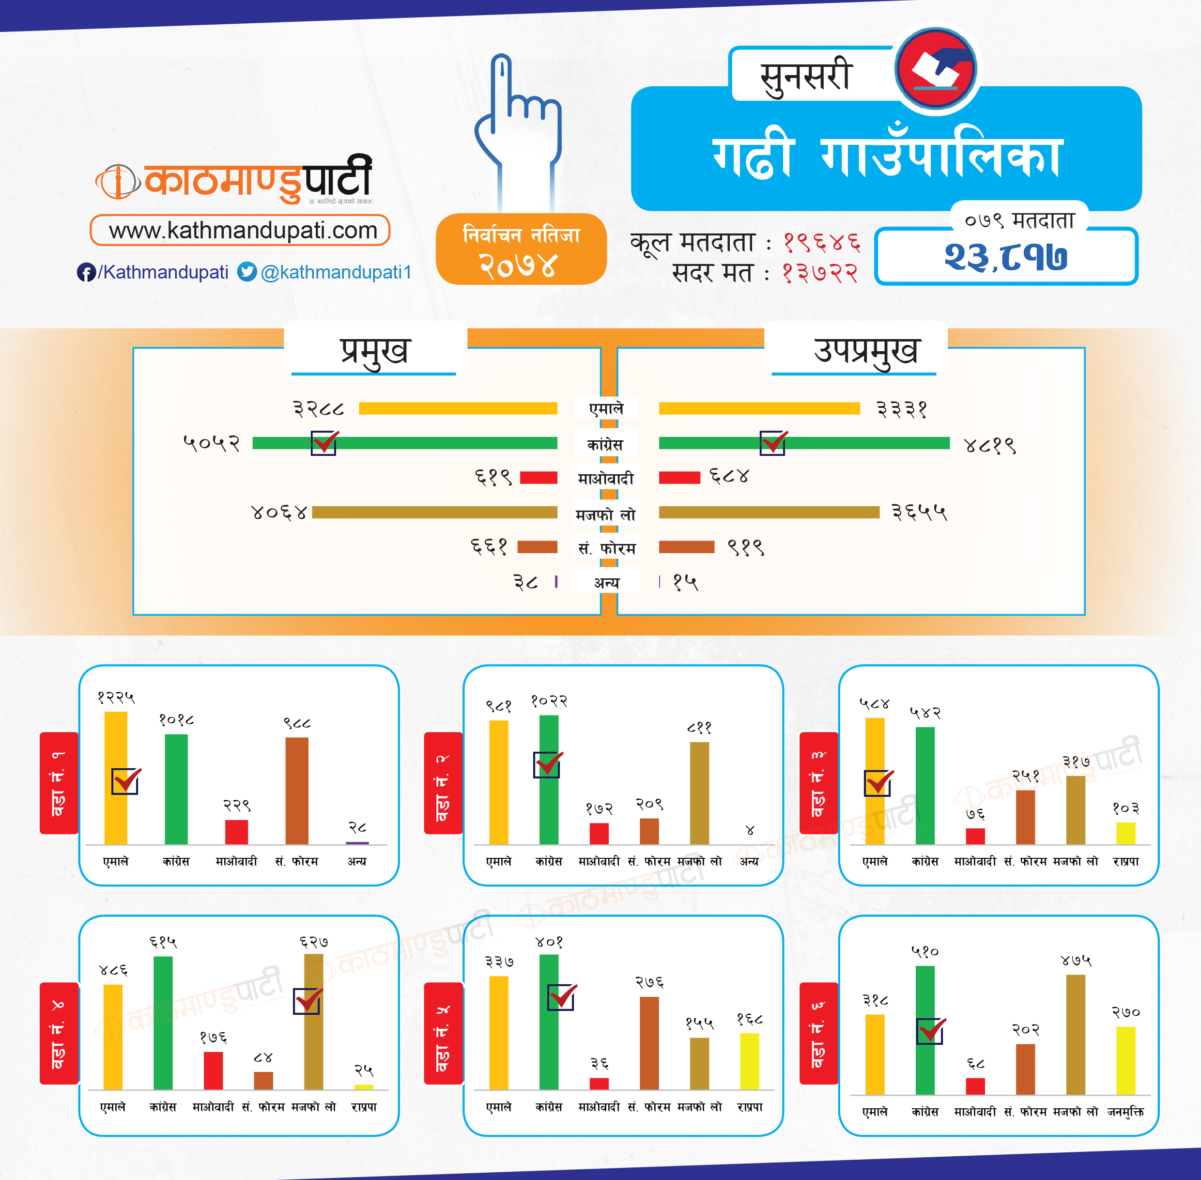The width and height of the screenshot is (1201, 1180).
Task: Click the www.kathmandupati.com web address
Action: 242,231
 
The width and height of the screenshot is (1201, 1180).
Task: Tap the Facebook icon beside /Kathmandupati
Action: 86,272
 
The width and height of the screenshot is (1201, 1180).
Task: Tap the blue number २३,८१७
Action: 1005,257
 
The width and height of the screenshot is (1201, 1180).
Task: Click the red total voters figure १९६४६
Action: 822,242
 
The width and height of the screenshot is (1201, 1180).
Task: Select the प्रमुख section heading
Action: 375,351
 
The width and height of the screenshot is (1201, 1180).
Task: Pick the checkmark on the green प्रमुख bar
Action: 324,443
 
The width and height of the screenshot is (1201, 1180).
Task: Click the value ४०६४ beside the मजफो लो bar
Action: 279,512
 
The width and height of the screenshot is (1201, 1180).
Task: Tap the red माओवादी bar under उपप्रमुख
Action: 679,477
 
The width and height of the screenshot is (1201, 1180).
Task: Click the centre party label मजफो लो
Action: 605,515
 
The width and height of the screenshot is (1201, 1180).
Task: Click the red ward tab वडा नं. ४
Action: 59,1033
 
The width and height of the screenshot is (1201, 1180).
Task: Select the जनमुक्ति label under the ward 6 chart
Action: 1125,1112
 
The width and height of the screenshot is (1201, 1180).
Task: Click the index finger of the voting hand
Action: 501,87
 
